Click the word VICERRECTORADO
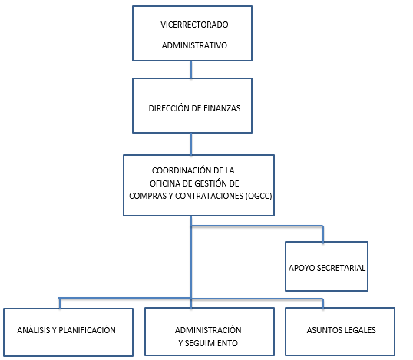[x=194, y=25]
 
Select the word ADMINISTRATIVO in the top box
[x=194, y=45]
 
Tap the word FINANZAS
[x=222, y=108]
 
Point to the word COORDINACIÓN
[x=181, y=170]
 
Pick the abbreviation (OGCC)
[x=259, y=196]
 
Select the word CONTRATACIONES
[x=209, y=196]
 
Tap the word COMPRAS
[x=147, y=196]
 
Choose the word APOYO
[x=302, y=268]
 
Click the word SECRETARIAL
[x=341, y=268]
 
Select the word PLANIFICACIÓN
[x=87, y=330]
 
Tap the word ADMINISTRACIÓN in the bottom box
[x=208, y=330]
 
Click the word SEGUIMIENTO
[x=211, y=343]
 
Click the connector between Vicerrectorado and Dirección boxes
[x=191, y=70]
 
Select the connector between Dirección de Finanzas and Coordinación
[x=191, y=144]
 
